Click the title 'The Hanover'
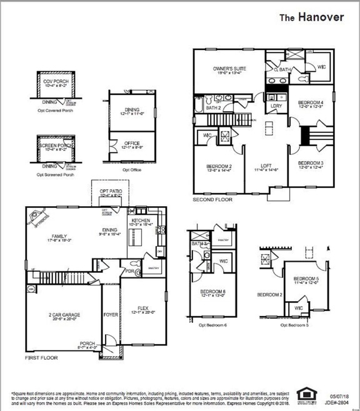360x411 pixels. [x=311, y=17]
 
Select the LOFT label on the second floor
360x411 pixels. [x=266, y=166]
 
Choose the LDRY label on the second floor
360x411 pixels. [x=276, y=106]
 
